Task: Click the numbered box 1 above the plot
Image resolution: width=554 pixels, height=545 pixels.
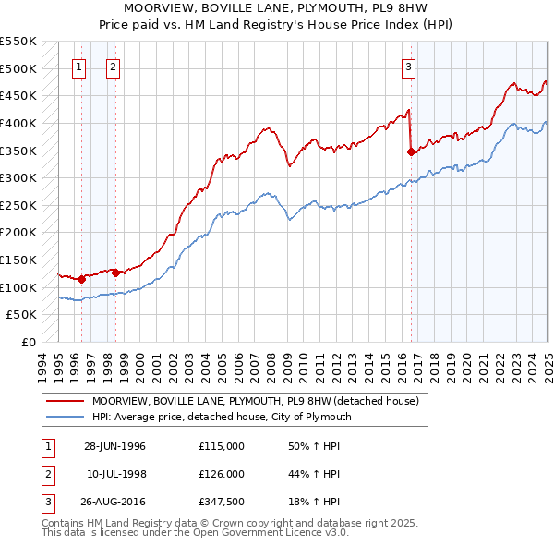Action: point(78,66)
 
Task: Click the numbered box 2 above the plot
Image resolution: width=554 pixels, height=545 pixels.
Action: point(112,66)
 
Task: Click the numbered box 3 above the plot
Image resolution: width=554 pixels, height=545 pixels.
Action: point(408,66)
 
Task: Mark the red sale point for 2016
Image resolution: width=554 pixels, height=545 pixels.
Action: point(412,152)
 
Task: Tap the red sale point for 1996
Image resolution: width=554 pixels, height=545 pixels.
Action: point(81,278)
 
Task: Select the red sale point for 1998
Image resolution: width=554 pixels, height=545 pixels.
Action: point(115,272)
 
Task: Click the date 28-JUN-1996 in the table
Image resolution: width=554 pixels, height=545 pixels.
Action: point(115,446)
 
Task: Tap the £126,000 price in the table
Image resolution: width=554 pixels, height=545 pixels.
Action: point(222,474)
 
